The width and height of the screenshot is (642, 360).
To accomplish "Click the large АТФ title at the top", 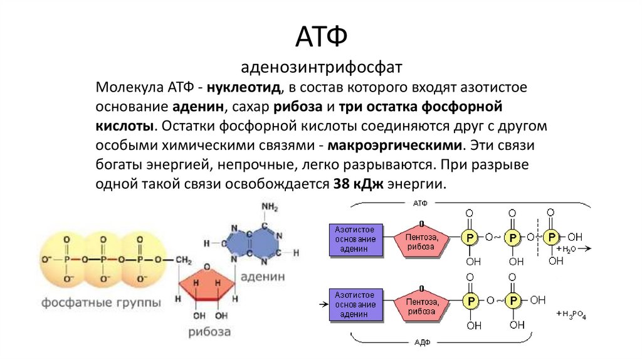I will [x=320, y=38].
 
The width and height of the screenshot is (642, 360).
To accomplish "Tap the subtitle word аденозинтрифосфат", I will [x=320, y=66].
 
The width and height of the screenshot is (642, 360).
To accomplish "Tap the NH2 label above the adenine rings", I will [x=270, y=207].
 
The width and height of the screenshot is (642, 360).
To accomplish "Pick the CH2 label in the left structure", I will [x=184, y=260].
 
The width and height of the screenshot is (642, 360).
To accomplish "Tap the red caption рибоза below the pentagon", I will [x=209, y=331].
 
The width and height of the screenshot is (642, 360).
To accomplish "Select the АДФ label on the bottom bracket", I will [x=421, y=343].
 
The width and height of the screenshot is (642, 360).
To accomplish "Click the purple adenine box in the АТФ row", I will [x=355, y=240].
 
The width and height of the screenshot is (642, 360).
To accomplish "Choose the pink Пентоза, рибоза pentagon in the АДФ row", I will [x=420, y=305].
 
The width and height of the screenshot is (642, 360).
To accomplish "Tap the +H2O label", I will [x=565, y=249].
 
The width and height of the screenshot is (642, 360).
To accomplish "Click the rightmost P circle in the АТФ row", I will [x=552, y=238].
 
